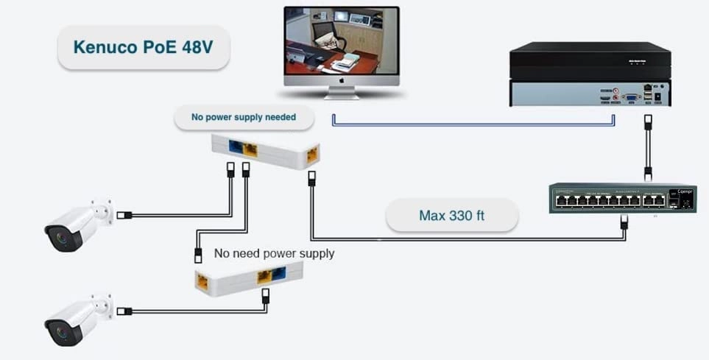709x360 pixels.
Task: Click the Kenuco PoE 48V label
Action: [143, 47]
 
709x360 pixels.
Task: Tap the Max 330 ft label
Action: [451, 216]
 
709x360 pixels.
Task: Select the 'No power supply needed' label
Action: [243, 116]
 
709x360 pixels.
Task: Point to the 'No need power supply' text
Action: [274, 253]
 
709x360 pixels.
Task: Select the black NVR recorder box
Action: [590, 74]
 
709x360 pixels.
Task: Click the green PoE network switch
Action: [622, 198]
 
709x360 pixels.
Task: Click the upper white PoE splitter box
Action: [265, 152]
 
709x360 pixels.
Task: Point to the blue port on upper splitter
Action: [236, 147]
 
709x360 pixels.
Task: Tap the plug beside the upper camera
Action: [125, 216]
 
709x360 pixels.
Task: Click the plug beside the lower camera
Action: [125, 311]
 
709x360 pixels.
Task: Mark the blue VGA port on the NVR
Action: [631, 96]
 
